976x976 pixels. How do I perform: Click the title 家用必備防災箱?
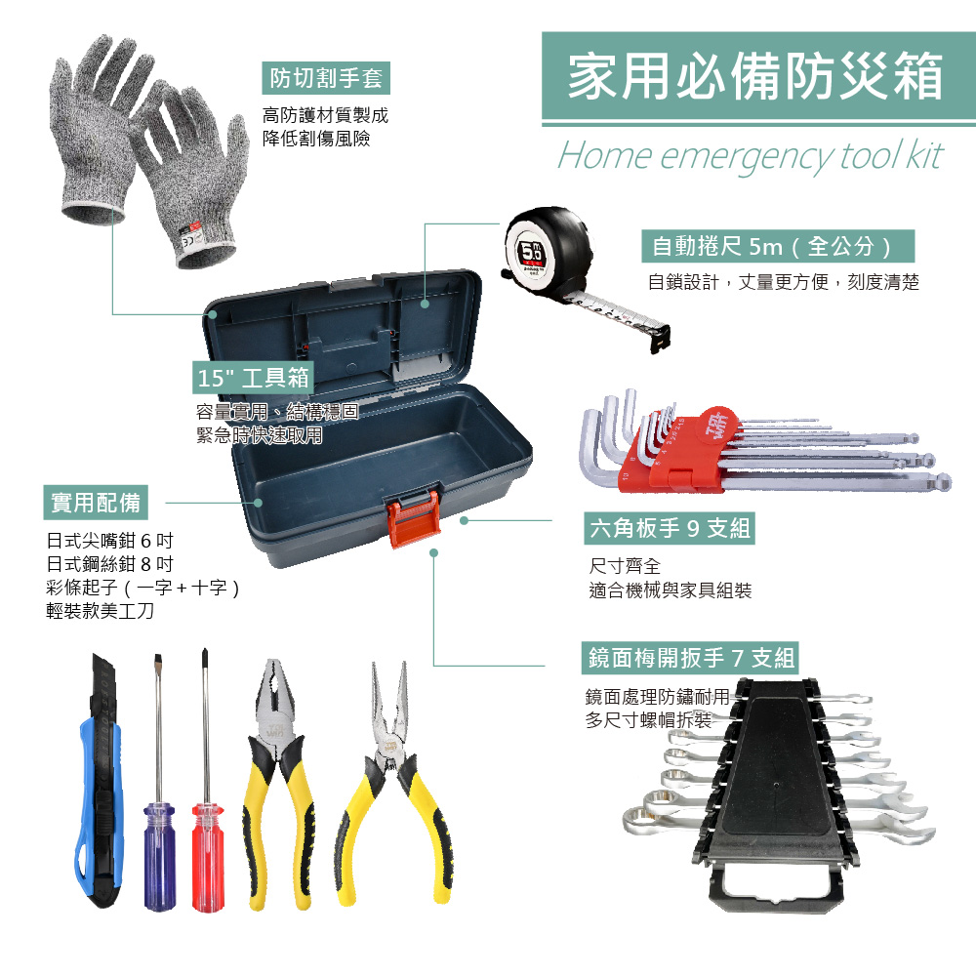(755, 76)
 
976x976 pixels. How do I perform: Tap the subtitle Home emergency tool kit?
(751, 155)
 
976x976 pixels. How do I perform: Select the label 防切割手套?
(326, 78)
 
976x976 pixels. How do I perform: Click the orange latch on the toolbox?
(413, 516)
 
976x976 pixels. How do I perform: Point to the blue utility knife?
(101, 785)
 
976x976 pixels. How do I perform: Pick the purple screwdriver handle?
(159, 857)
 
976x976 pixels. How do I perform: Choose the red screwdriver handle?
(207, 858)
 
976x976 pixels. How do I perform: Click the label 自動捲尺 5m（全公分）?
(778, 247)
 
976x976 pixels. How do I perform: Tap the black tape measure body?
(549, 248)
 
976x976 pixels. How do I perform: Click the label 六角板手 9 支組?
(670, 528)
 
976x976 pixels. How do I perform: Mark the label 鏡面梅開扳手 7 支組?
(690, 658)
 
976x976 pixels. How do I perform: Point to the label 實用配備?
(96, 503)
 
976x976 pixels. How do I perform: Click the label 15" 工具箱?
(254, 377)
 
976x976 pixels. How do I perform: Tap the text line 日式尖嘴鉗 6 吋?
(109, 541)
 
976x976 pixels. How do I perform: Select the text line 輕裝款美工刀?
(101, 611)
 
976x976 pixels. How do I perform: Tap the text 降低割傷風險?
(316, 139)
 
